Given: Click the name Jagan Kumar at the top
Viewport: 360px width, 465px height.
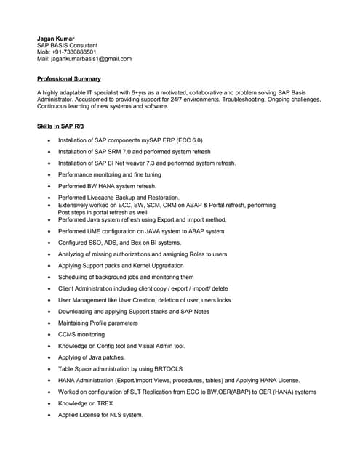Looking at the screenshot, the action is coord(55,38).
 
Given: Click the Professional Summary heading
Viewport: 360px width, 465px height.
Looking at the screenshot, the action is coord(69,78).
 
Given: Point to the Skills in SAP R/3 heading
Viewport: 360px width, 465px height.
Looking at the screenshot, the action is coord(60,126).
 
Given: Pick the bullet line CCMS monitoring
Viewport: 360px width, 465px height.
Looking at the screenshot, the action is coord(81,335).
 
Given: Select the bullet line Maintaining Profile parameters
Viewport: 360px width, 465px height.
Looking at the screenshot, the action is coord(108,323).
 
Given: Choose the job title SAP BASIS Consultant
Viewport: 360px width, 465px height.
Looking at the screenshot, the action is coord(67,45).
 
